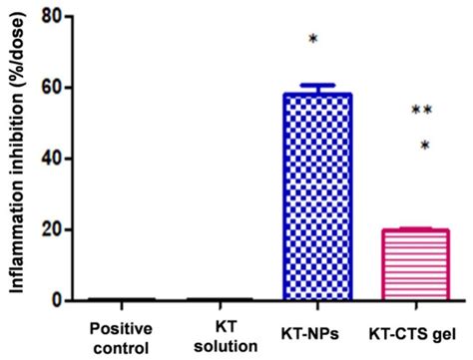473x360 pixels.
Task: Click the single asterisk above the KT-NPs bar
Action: click(313, 40)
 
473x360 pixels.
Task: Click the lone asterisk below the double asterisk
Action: click(424, 146)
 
